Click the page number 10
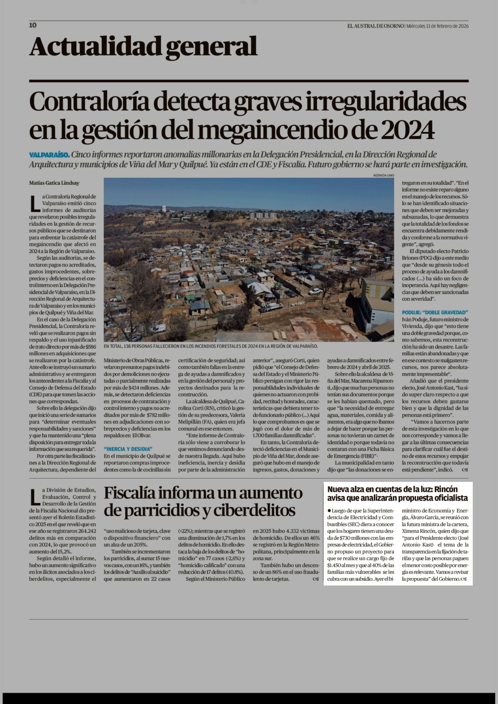tap(33, 25)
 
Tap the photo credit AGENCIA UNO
tap(383, 175)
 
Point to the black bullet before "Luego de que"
tap(329, 511)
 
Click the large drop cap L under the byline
tap(35, 204)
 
